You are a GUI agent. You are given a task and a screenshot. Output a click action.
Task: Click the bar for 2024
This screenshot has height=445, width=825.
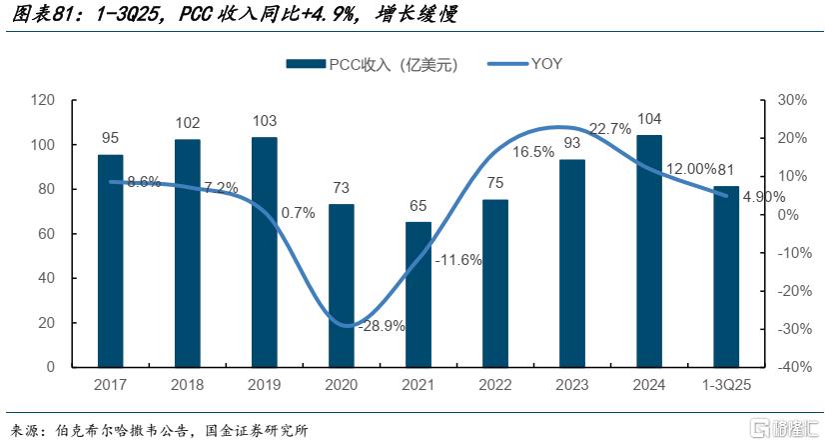[x=648, y=251]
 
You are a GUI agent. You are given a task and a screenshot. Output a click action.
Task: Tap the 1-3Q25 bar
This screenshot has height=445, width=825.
[x=726, y=277]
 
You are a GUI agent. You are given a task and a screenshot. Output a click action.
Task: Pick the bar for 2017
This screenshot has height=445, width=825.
[x=111, y=261]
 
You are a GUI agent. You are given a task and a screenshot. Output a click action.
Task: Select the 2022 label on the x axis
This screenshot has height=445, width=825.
[x=495, y=385]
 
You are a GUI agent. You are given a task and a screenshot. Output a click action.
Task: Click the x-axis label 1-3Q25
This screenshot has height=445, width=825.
[x=726, y=385]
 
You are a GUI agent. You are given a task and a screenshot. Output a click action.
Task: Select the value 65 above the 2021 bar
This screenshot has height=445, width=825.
[x=418, y=206]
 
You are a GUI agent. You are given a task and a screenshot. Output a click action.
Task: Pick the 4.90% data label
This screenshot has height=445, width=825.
[x=763, y=197]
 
